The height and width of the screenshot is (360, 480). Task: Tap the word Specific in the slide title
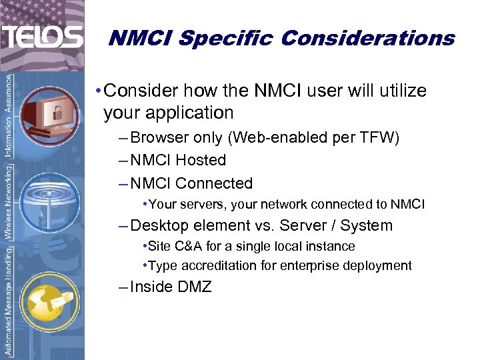tap(227, 38)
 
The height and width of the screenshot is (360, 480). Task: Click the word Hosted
tap(201, 161)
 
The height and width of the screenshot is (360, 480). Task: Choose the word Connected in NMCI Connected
tap(214, 183)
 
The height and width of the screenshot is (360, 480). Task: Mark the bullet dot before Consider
tap(98, 91)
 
